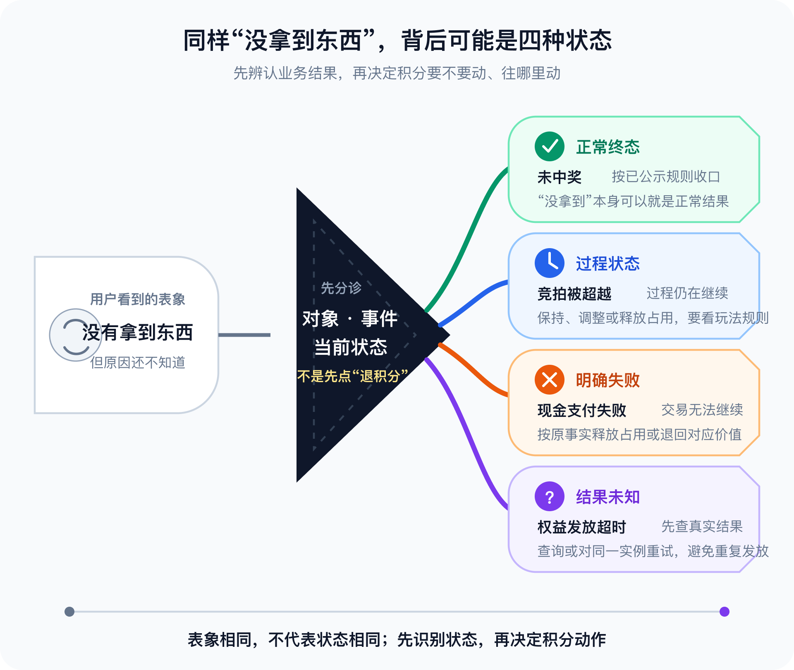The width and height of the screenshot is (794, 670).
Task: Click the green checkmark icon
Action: (549, 146)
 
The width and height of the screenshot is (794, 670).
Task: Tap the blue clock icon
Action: (549, 263)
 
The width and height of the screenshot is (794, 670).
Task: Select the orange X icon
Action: (549, 380)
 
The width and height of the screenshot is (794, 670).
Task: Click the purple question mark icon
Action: (549, 496)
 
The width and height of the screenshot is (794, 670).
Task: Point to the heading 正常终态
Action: (607, 147)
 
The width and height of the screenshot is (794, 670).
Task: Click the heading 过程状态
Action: (607, 264)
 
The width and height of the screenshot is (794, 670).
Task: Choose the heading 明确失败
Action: (607, 380)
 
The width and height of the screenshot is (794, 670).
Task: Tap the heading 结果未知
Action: (607, 497)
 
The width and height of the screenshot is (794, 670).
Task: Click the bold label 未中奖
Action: (559, 177)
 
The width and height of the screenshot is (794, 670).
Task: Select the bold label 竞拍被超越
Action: (574, 294)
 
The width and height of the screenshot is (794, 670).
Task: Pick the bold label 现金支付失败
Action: (581, 411)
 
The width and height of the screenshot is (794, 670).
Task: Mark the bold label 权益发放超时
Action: (581, 527)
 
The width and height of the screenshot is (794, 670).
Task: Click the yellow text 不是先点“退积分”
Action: (353, 376)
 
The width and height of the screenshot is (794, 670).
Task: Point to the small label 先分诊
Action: (341, 288)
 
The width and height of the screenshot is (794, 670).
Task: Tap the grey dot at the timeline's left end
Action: (69, 612)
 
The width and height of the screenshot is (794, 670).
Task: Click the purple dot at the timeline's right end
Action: (725, 612)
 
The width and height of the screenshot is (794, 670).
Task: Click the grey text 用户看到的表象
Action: (138, 299)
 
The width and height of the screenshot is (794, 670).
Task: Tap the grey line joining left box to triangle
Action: (244, 335)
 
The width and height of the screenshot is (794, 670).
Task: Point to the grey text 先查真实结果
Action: (702, 526)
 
